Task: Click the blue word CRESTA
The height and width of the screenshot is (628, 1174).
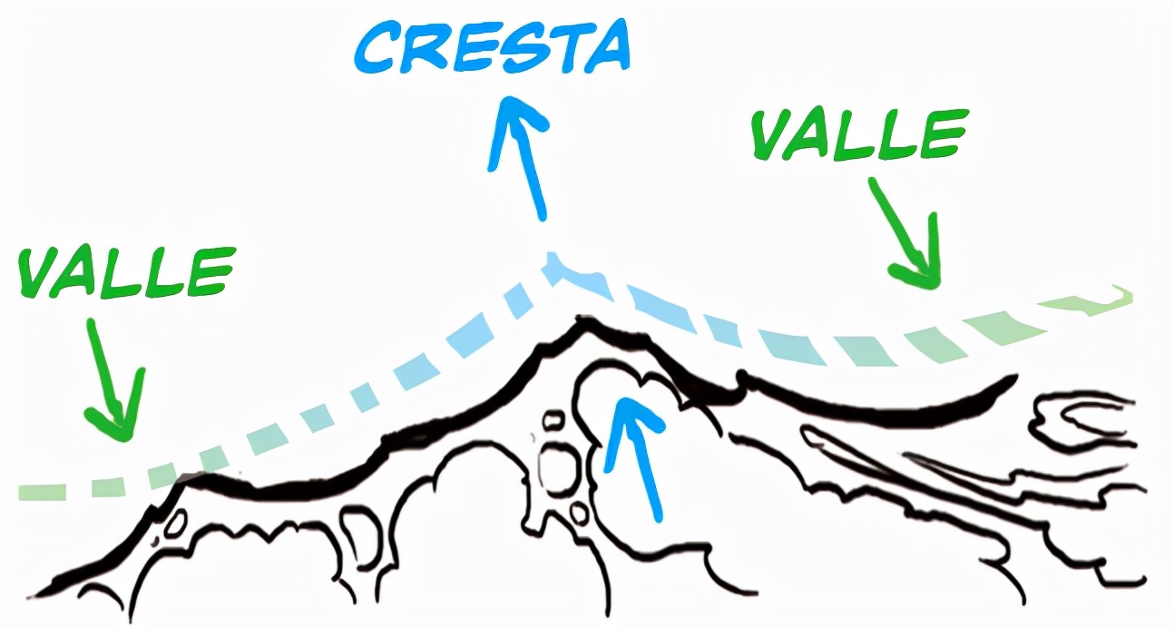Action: click(x=492, y=49)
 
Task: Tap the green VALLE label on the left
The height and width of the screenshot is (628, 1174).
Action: click(x=126, y=270)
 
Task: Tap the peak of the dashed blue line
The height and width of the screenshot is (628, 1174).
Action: click(x=552, y=264)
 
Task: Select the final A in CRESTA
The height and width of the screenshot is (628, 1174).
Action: click(x=603, y=47)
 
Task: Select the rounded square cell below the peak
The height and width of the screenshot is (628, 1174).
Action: click(x=554, y=466)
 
